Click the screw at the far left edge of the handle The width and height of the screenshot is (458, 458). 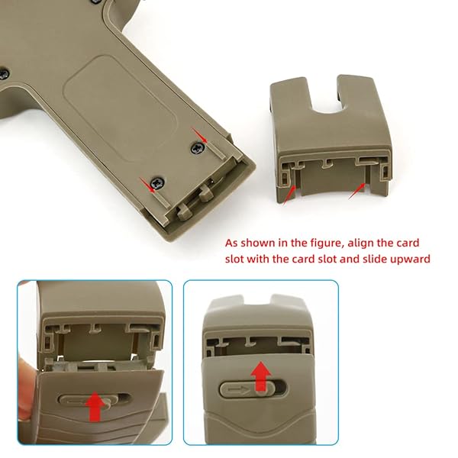tap(4, 74)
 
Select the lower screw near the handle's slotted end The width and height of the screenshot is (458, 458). tap(156, 183)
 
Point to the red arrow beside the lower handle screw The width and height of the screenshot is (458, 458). tap(145, 182)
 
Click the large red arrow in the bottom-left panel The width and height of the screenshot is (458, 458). tap(95, 405)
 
